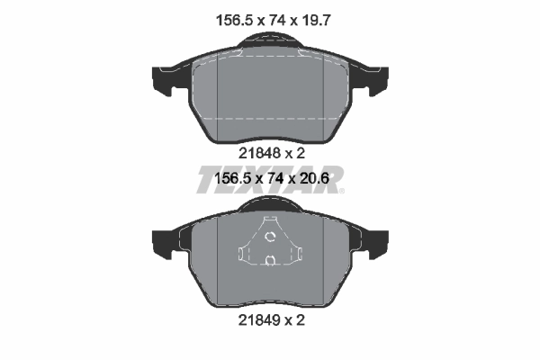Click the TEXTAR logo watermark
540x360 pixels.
(x=270, y=178)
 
